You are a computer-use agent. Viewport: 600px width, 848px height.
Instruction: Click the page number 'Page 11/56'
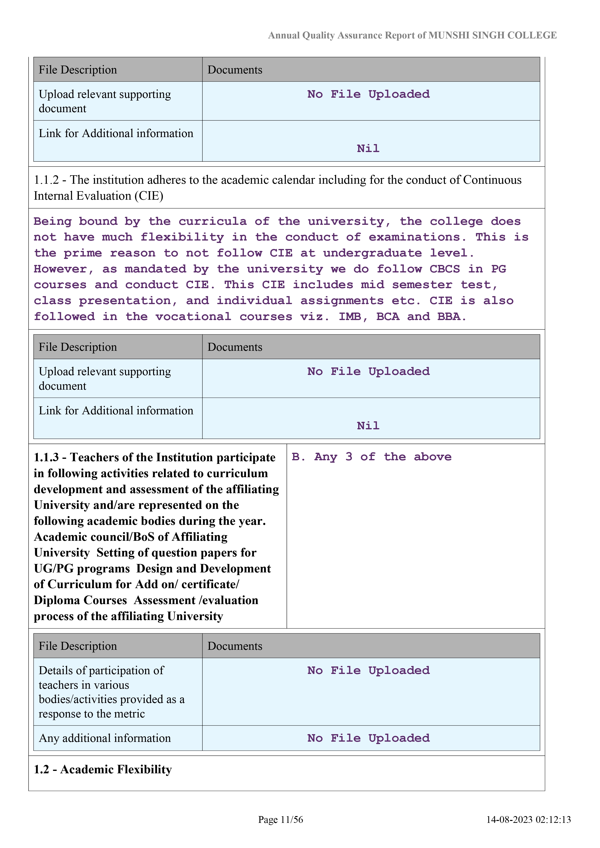[x=281, y=819]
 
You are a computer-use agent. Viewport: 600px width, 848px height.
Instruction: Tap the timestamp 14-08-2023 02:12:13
[x=528, y=819]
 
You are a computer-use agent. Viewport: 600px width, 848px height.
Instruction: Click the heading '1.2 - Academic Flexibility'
[x=103, y=769]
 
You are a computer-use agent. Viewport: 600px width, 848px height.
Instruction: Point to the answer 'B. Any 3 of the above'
[x=371, y=457]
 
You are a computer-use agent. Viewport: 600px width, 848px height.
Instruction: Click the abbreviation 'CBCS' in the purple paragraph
[x=444, y=269]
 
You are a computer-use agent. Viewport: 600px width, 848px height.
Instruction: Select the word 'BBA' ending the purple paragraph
[x=449, y=316]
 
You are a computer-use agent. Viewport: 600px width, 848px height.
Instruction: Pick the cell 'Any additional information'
[x=104, y=738]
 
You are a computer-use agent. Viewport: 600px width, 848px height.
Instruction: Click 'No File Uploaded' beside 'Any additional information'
[x=368, y=738]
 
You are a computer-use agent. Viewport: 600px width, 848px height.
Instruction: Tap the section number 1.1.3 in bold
[x=46, y=457]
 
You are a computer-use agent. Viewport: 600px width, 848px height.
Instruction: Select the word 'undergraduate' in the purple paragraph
[x=372, y=253]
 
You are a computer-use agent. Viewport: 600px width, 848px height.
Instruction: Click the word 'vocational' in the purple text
[x=193, y=316]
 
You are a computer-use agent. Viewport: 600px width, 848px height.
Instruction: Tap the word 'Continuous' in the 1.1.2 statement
[x=492, y=180]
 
